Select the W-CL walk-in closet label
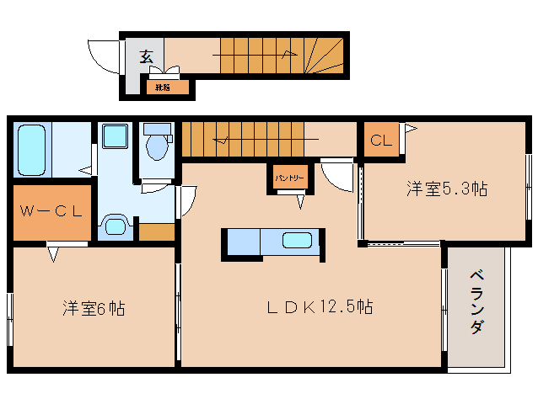tap(50, 211)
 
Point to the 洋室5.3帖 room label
tap(446, 189)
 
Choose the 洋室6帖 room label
tap(93, 308)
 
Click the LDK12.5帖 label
tap(320, 307)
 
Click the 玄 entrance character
tap(145, 57)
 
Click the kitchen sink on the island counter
tap(297, 241)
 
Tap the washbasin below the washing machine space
tap(114, 225)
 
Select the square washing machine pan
tap(114, 137)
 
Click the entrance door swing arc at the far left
tap(100, 56)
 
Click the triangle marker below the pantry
tap(300, 201)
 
